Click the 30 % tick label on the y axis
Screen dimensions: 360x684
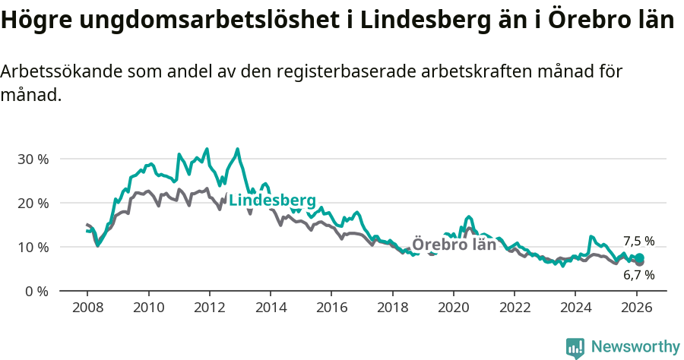coord(33,159)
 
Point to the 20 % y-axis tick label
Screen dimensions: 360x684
coord(33,204)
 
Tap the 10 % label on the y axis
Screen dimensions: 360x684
coord(33,248)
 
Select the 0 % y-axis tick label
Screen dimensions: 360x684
coord(36,292)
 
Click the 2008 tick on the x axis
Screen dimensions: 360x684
coord(87,308)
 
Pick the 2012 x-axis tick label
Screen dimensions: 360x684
coord(209,308)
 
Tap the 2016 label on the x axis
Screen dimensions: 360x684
coord(331,308)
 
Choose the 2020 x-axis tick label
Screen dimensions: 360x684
coord(453,308)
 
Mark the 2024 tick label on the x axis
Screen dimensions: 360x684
coord(575,308)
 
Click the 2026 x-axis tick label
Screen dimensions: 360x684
coord(636,308)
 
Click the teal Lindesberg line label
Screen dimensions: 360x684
coord(272,201)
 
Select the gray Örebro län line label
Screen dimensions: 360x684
coord(454,245)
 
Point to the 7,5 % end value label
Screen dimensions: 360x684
coord(638,242)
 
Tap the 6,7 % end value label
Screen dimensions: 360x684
coord(638,275)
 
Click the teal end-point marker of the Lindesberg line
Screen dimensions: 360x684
coord(639,258)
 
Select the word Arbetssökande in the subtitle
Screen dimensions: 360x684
coord(60,72)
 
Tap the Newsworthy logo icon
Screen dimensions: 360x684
coord(575,348)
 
